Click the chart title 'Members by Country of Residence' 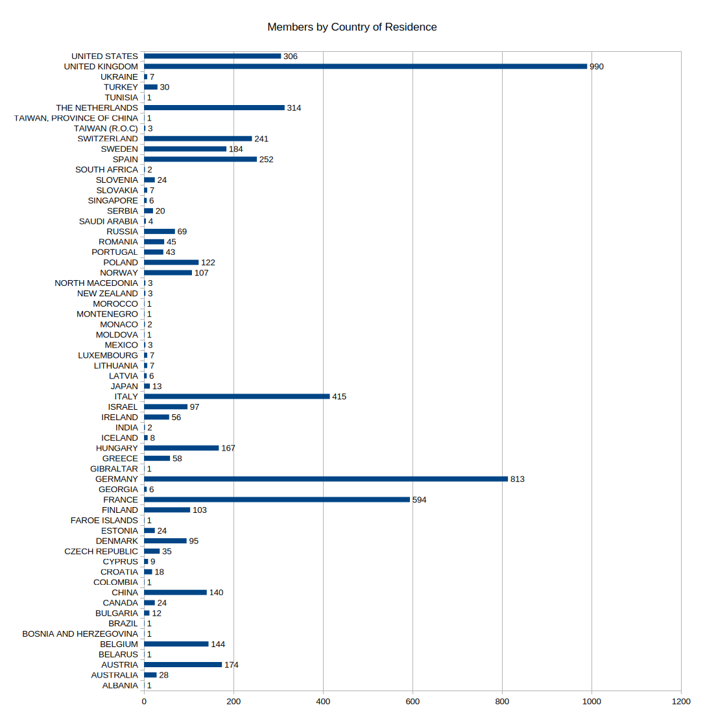pos(352,27)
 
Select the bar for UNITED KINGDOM pos(365,66)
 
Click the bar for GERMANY pos(326,479)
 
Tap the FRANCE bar pos(277,500)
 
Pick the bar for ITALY pos(237,396)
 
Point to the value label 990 pos(597,67)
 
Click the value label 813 pos(517,479)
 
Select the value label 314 pos(294,108)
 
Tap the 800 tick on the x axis pos(503,701)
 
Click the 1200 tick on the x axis pos(681,701)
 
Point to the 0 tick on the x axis pos(144,701)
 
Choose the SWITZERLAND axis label pos(108,139)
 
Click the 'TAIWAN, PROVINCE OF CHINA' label pos(77,118)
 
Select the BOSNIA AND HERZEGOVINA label pos(80,633)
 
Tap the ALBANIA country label pos(120,685)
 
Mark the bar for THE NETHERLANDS pos(214,108)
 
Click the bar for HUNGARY pos(181,448)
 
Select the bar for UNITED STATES pos(212,56)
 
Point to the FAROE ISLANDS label pos(104,520)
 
